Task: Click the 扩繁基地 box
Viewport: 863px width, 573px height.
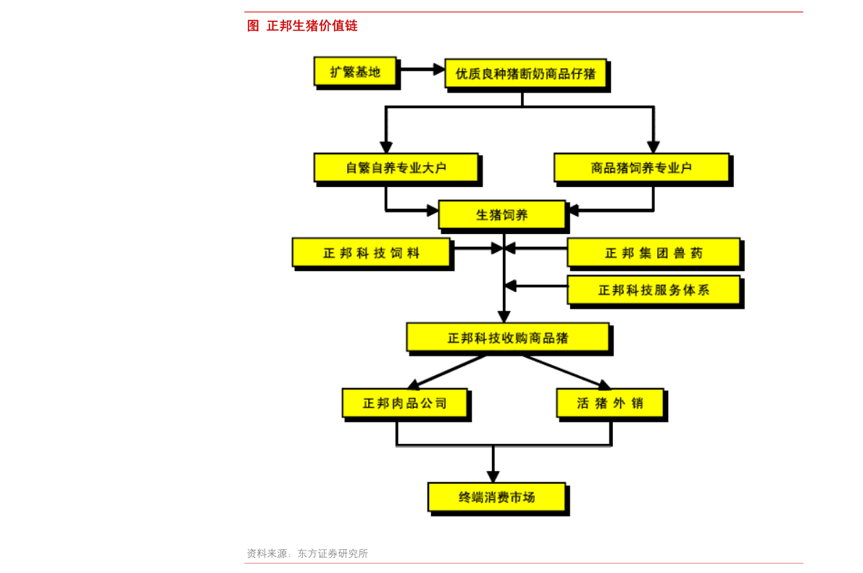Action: pos(355,71)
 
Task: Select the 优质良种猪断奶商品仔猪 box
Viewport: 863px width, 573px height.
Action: pos(525,73)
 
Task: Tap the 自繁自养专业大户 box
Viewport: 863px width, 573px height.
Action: pos(396,167)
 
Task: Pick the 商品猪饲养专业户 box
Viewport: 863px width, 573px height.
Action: pos(641,167)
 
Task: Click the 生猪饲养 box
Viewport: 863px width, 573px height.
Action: pos(501,214)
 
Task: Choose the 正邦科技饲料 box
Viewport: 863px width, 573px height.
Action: pos(371,253)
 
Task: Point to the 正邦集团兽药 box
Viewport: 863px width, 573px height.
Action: pos(654,253)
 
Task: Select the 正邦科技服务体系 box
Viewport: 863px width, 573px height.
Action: pos(654,290)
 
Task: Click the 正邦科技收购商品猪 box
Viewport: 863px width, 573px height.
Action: pos(507,338)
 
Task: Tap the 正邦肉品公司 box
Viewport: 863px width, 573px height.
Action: pos(404,403)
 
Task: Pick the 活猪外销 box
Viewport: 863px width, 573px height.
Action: pos(609,403)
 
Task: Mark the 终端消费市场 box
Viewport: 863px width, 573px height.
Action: pos(496,497)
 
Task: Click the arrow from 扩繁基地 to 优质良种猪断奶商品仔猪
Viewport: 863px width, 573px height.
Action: pos(421,70)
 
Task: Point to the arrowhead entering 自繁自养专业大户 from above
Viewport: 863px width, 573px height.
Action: pos(386,146)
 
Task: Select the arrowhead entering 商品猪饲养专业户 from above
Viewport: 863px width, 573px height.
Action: pos(654,146)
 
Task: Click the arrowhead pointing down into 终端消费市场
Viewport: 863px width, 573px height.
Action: pos(493,476)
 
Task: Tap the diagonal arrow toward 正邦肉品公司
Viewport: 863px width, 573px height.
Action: pos(446,371)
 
